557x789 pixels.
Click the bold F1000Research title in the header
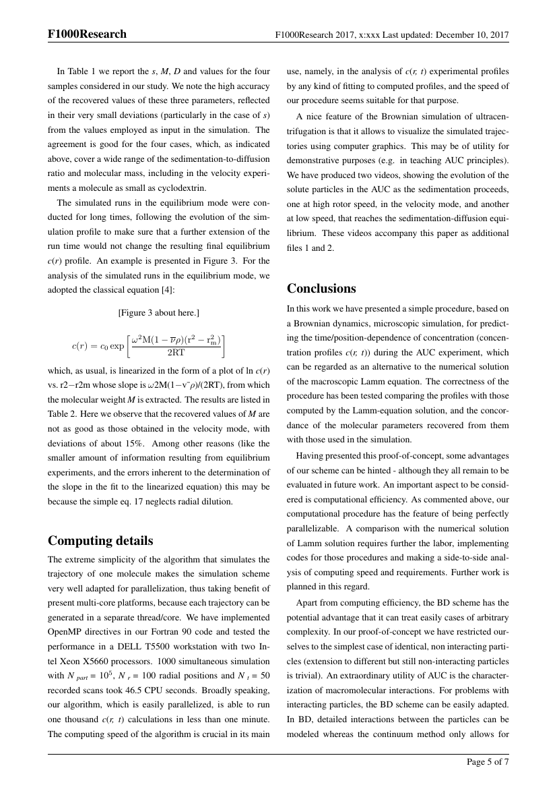(87, 34)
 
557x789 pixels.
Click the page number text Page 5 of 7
(488, 762)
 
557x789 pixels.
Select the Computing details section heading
(101, 541)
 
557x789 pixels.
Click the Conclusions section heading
(321, 289)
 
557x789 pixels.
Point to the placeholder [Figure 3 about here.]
(158, 312)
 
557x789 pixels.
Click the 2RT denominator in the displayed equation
(176, 351)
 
